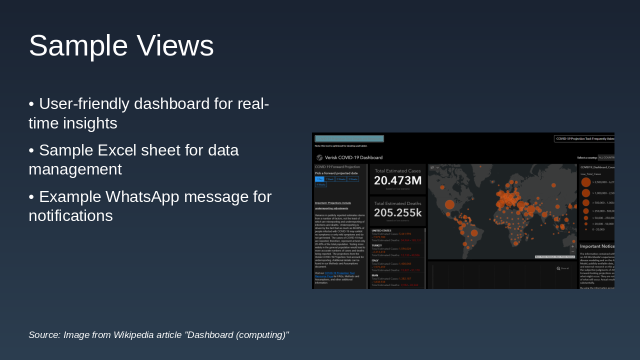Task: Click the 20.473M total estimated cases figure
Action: pyautogui.click(x=397, y=180)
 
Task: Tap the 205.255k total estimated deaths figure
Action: pyautogui.click(x=397, y=212)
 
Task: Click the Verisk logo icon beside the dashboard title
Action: pyautogui.click(x=319, y=157)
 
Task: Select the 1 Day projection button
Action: pyautogui.click(x=319, y=179)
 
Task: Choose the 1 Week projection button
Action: pyautogui.click(x=329, y=179)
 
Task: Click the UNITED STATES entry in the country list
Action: pyautogui.click(x=381, y=230)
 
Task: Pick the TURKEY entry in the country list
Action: pyautogui.click(x=377, y=245)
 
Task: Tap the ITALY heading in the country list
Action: pyautogui.click(x=375, y=260)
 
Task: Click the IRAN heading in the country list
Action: pyautogui.click(x=374, y=275)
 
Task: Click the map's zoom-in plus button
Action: pyautogui.click(x=572, y=246)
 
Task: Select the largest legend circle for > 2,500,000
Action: pyautogui.click(x=585, y=182)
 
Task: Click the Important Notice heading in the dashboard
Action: pyautogui.click(x=597, y=246)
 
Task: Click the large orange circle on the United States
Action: pyautogui.click(x=449, y=204)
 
